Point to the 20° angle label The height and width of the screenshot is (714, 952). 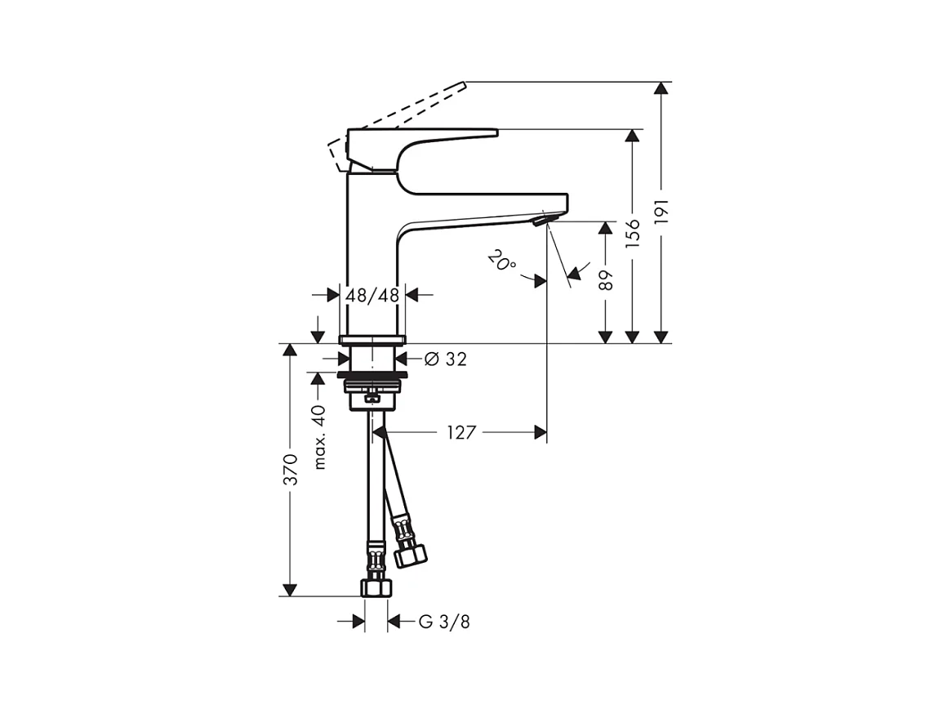point(502,261)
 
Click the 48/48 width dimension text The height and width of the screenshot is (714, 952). point(372,295)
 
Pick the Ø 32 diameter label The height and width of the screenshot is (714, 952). point(447,359)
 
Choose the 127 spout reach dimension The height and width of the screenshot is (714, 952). point(461,433)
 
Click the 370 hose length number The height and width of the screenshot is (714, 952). point(290,469)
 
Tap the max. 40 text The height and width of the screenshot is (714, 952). point(319,437)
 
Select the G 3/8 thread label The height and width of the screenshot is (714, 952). point(444,623)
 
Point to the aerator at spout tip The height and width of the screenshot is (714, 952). point(541,220)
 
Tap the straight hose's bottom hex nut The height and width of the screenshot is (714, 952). point(376,587)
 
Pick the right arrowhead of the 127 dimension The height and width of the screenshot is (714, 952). point(541,433)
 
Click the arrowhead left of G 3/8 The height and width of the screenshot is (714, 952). point(358,623)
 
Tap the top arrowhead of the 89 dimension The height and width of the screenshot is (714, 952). point(605,228)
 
